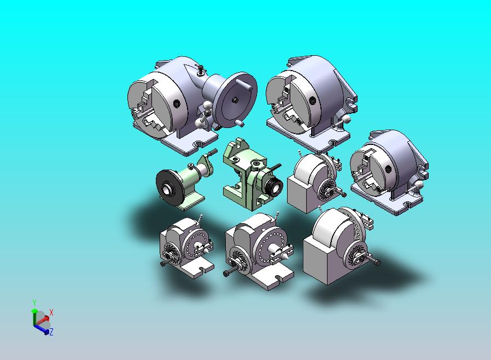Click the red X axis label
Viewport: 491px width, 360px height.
pyautogui.click(x=51, y=312)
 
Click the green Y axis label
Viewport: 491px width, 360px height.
pyautogui.click(x=34, y=303)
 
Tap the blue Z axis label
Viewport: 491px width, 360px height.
pyautogui.click(x=51, y=332)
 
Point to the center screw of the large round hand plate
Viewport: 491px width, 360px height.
pyautogui.click(x=235, y=100)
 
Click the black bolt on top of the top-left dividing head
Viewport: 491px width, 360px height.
pyautogui.click(x=201, y=69)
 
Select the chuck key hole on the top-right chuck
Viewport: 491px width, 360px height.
pyautogui.click(x=312, y=101)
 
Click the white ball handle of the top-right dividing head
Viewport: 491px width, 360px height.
pyautogui.click(x=346, y=119)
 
